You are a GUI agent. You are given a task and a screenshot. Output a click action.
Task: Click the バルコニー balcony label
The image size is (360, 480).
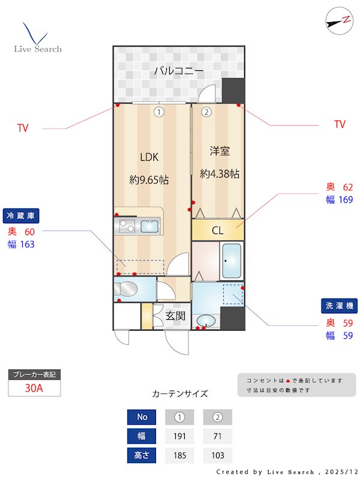(x=178, y=71)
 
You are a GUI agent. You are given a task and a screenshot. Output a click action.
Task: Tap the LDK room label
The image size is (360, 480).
(x=149, y=157)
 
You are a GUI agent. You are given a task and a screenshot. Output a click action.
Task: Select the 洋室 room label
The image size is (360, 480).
(x=220, y=151)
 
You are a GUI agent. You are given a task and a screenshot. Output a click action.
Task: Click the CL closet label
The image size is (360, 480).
(x=217, y=230)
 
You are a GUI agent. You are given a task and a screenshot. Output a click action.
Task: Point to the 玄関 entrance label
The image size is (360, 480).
(x=175, y=316)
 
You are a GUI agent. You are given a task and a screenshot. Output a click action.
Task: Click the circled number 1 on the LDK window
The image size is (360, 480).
(x=158, y=111)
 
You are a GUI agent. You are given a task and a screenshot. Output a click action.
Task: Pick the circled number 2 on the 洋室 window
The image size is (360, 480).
(x=206, y=111)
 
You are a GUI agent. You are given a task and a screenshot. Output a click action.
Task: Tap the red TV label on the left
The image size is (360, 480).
(x=23, y=128)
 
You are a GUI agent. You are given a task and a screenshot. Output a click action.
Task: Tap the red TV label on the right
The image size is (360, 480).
(x=340, y=124)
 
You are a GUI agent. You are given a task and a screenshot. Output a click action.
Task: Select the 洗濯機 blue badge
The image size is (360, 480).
(x=340, y=306)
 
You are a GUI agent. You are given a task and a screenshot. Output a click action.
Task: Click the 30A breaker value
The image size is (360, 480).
(x=34, y=388)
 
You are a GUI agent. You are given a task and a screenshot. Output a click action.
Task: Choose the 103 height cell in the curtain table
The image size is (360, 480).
(x=217, y=455)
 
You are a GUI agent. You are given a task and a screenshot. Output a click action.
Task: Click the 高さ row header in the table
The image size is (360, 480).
(x=142, y=455)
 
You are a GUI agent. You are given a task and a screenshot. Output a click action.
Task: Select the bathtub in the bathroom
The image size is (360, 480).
(x=231, y=261)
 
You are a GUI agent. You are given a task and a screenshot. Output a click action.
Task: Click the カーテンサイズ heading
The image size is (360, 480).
(x=180, y=394)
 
